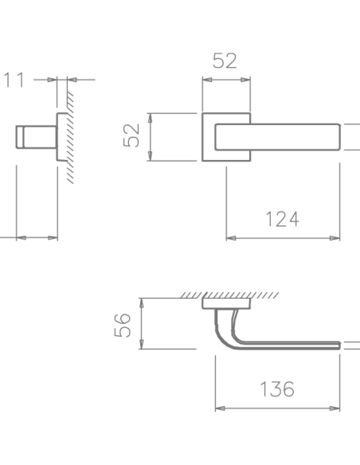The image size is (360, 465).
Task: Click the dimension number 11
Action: (14, 80)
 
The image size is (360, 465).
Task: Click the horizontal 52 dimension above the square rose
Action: (225, 61)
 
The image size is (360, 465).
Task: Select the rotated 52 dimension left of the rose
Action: (131, 135)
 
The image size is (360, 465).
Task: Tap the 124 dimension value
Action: (282, 219)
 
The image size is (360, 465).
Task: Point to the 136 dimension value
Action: (277, 389)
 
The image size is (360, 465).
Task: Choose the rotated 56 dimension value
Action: (122, 325)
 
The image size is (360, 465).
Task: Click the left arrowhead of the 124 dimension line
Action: (231, 238)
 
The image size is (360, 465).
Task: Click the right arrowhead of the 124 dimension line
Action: (335, 238)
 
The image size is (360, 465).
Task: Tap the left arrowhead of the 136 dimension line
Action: (220, 408)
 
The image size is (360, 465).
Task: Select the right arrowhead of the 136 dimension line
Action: (335, 408)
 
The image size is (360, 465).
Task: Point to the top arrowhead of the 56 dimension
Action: (142, 303)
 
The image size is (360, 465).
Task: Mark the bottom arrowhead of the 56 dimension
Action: (142, 344)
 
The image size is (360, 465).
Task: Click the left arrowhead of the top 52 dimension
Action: (207, 80)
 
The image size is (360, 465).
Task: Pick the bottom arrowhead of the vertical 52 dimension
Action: (150, 156)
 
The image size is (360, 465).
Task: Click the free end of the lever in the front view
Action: (339, 137)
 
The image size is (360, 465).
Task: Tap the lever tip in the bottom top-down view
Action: (339, 346)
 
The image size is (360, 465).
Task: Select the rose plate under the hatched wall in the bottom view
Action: (226, 303)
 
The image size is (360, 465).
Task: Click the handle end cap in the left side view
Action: (20, 137)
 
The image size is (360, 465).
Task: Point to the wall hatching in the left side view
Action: (70, 137)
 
